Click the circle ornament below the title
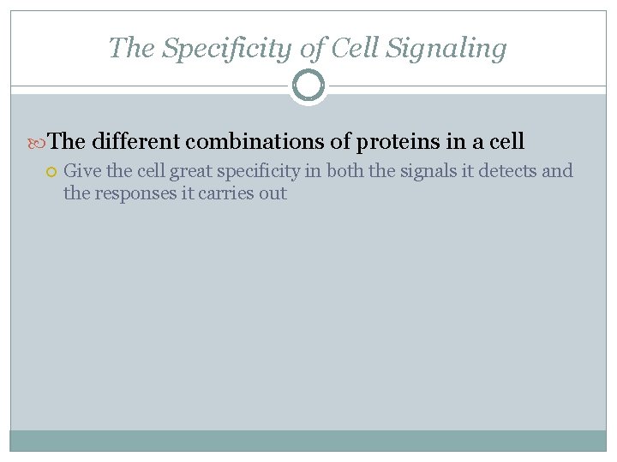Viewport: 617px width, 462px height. [x=308, y=86]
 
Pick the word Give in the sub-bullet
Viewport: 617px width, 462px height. [x=82, y=171]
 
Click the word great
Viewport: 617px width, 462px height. [x=193, y=171]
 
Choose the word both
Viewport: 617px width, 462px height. [x=345, y=171]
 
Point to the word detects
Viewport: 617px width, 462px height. [x=507, y=171]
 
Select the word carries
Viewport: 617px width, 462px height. [x=226, y=193]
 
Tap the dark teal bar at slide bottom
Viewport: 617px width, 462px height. [x=308, y=440]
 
